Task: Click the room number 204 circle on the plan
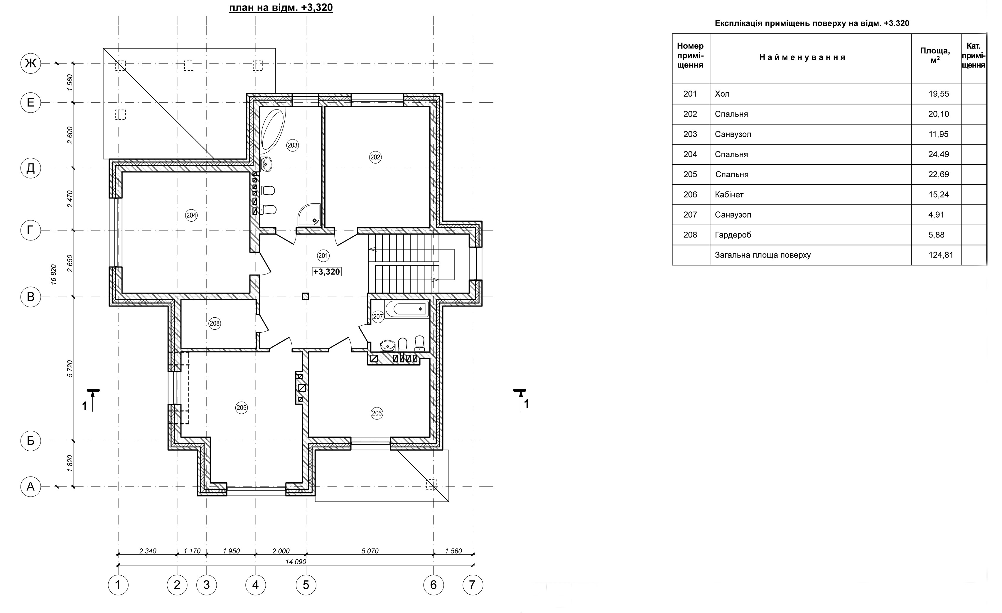coord(191,215)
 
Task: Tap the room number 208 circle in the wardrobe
coord(214,323)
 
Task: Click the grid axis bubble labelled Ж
coord(31,63)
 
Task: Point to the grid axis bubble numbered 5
coord(306,585)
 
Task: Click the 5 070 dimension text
coord(370,551)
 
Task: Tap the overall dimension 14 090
coord(296,562)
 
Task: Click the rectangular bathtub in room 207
coord(406,309)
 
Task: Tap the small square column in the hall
coord(306,297)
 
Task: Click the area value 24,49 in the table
coord(939,154)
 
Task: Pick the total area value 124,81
coord(941,255)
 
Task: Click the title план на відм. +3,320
coord(281,8)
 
